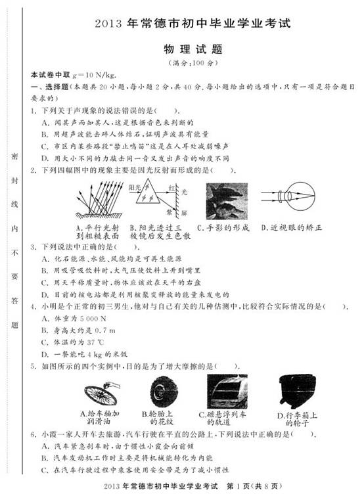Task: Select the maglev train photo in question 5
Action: (x=227, y=392)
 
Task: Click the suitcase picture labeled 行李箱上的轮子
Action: (x=296, y=392)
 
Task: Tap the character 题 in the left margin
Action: (x=14, y=325)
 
